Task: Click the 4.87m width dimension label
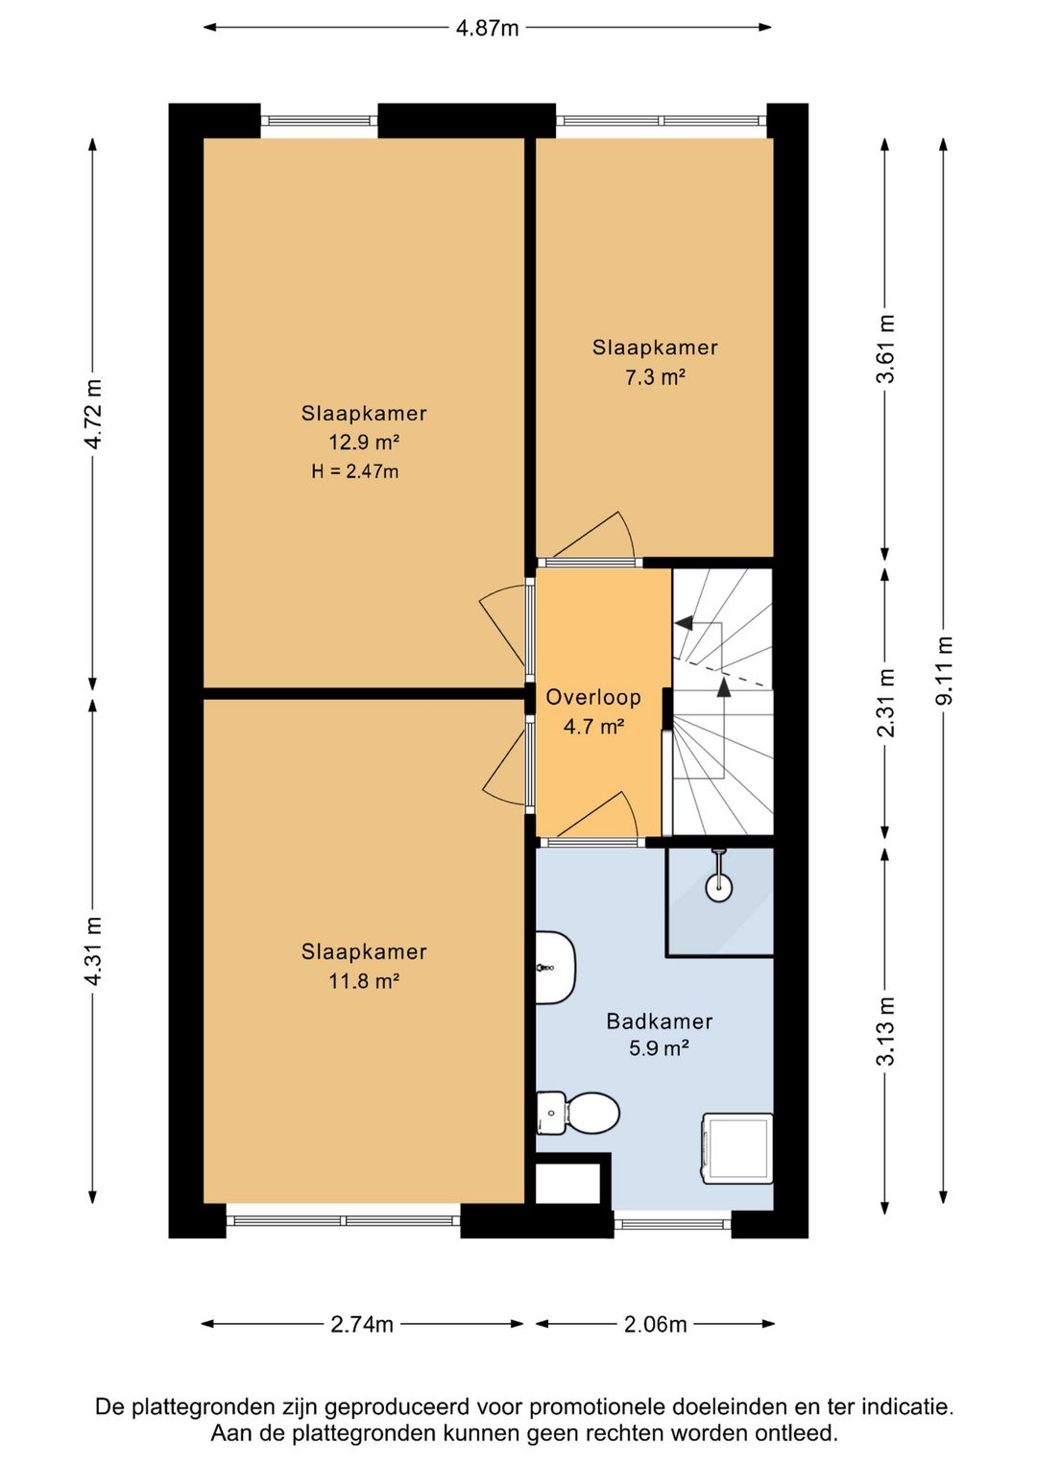(487, 28)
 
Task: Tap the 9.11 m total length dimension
(944, 670)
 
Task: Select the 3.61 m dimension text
(886, 348)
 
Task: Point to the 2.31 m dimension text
(886, 703)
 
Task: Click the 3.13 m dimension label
(886, 1031)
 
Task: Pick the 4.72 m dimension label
(93, 414)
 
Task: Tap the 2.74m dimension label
(362, 1325)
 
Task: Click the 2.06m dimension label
(656, 1325)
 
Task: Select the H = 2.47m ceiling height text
(355, 471)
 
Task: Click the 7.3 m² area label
(655, 377)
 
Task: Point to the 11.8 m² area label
(364, 981)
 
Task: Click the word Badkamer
(659, 1021)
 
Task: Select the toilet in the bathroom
(578, 1113)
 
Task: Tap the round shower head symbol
(718, 887)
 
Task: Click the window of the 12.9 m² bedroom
(320, 121)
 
